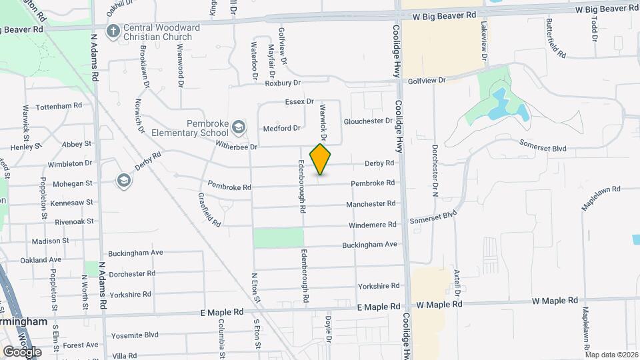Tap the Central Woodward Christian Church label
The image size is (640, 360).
(x=157, y=32)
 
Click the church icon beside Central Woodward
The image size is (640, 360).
(x=113, y=31)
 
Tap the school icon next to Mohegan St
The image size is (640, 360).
(x=123, y=180)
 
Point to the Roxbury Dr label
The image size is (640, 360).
(x=283, y=83)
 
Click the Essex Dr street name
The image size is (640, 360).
(x=299, y=102)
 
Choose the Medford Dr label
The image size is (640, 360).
(x=281, y=128)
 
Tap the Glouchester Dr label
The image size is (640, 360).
(x=368, y=121)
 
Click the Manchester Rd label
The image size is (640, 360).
(x=371, y=203)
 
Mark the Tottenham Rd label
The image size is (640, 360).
(x=59, y=106)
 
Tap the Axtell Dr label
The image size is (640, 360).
(x=457, y=283)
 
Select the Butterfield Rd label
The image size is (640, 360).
(x=551, y=37)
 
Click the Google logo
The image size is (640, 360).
(x=22, y=351)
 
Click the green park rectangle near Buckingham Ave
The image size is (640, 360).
(x=279, y=238)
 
